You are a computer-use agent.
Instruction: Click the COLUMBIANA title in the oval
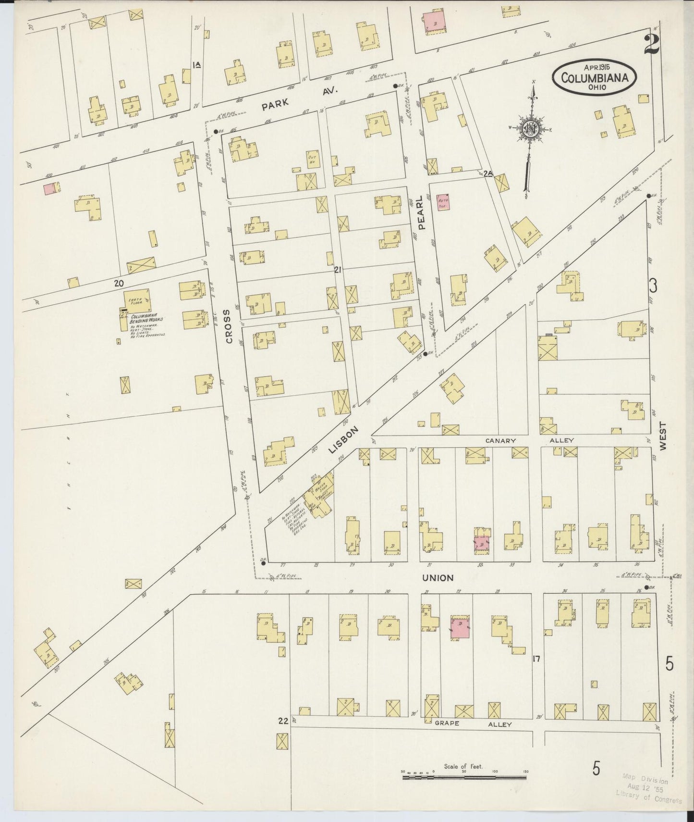(x=595, y=77)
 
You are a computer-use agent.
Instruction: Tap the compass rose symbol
(x=529, y=129)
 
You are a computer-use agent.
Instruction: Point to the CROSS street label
(x=229, y=326)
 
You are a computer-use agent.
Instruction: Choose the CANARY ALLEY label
(x=530, y=440)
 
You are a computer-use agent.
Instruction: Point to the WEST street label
(x=663, y=436)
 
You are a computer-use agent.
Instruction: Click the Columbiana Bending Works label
(x=147, y=319)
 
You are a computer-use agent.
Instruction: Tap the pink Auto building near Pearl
(x=442, y=201)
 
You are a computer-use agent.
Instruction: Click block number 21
(x=338, y=270)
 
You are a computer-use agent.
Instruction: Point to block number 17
(x=536, y=659)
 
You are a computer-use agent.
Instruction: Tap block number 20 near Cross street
(x=119, y=284)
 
